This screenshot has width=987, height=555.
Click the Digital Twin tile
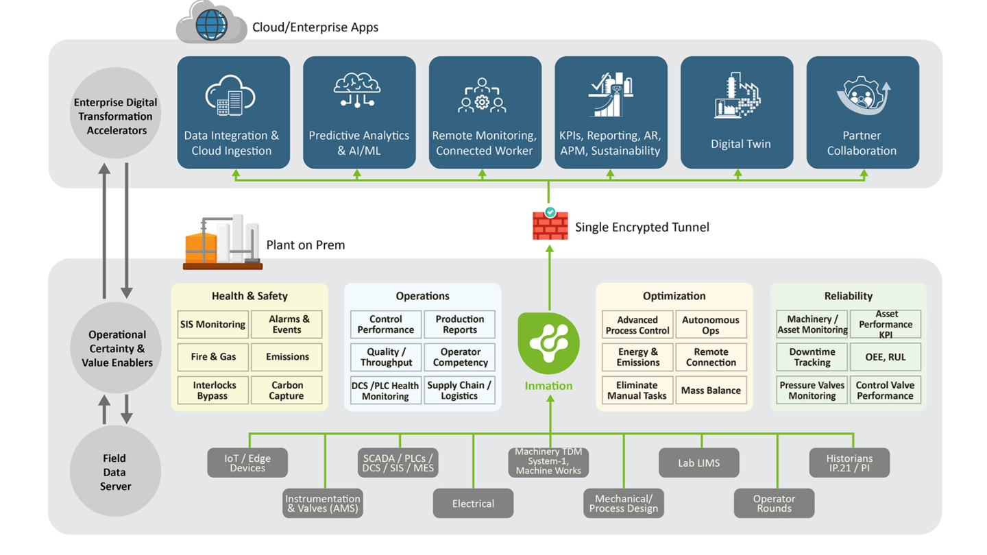coord(737,112)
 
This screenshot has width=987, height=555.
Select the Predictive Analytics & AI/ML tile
coord(359,112)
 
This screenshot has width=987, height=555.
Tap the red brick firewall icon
coord(550,225)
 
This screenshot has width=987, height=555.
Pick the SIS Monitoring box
coord(212,324)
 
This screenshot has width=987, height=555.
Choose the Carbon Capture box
coord(287,391)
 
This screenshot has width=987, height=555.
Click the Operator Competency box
coord(460,357)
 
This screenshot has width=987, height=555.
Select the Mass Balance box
coord(711,391)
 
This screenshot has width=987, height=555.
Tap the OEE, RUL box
coord(885,357)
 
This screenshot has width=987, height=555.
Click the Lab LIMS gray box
coord(698,463)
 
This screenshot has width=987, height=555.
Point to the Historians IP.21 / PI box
coord(849,463)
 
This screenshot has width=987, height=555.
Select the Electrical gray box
coord(473,504)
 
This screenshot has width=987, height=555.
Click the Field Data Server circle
coord(116,472)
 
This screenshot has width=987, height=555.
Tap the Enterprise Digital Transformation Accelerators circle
coord(116,116)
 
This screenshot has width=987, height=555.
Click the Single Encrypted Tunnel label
coord(642,227)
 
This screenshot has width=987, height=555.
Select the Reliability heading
coord(849,296)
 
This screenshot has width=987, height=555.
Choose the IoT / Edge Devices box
coord(247,463)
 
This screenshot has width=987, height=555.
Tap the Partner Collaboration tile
coord(862,112)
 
